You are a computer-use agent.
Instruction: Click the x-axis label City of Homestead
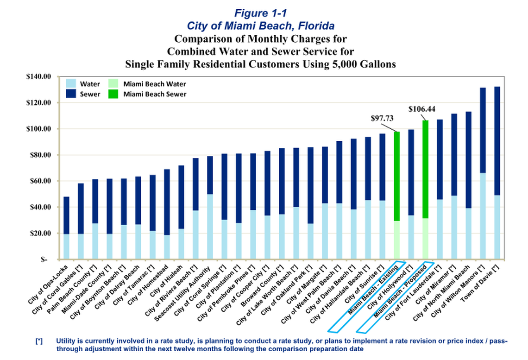pyautogui.click(x=149, y=284)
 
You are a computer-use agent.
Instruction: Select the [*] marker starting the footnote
pyautogui.click(x=39, y=341)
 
